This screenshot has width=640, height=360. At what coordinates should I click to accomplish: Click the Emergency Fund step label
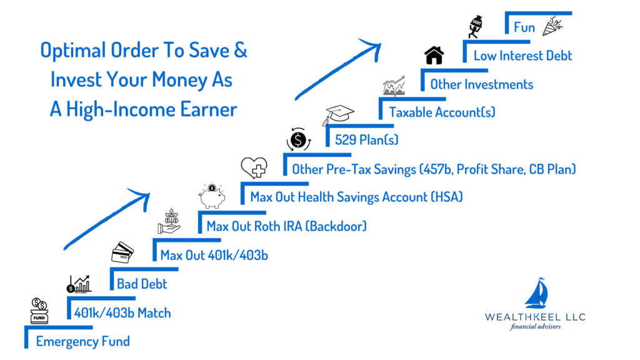pos(83,341)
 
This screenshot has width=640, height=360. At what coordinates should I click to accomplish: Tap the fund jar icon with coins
pos(39,311)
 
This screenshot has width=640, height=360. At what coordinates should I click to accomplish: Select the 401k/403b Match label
pos(122,313)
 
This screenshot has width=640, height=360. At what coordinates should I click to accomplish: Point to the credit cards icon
pos(122,252)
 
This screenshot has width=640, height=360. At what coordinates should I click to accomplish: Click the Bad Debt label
pos(142,284)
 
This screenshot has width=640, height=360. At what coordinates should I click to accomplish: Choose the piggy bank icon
pos(212,196)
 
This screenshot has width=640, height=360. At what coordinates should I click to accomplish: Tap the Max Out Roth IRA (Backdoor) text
pos(286,226)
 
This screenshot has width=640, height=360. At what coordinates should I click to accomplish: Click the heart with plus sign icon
pos(254,167)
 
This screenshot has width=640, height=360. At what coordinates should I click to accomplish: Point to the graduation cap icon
pos(338,115)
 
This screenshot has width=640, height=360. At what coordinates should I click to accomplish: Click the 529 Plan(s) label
pos(366,140)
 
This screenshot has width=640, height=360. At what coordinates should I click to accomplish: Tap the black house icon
pos(434,55)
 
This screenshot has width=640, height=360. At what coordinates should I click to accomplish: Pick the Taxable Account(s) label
pos(442,112)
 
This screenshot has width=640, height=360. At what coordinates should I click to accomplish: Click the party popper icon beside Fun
pos(552,26)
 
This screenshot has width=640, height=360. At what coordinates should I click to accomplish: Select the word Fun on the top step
pos(524,27)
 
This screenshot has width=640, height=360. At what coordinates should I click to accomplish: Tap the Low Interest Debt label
pos(523,56)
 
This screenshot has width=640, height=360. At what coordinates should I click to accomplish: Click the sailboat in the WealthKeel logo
pos(536,292)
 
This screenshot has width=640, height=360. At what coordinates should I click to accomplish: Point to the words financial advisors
pos(535,326)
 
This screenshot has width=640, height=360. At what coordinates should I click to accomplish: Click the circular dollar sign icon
pos(299,140)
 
